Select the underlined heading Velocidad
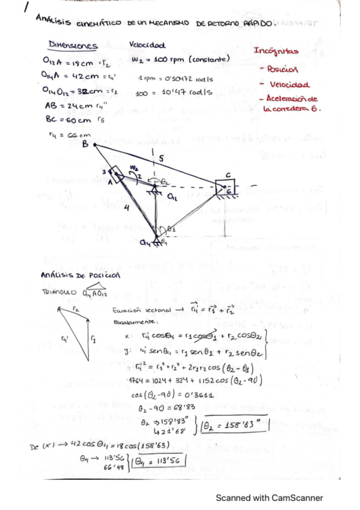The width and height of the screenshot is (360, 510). coord(148,45)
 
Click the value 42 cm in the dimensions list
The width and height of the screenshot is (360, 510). coord(93,76)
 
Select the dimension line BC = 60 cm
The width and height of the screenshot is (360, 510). coord(69,119)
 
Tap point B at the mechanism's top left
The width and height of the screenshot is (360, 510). coord(85,144)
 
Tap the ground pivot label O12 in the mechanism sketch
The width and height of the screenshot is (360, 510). coord(172,196)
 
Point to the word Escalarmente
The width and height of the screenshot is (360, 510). coord(129,322)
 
